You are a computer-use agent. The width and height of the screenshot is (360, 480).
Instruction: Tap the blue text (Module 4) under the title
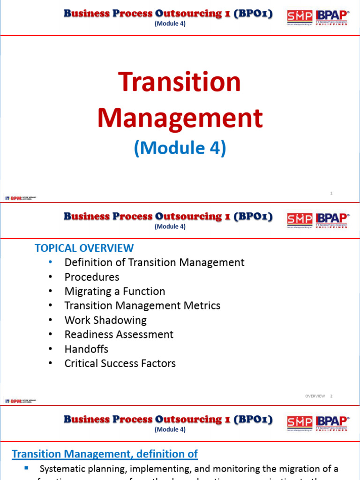[x=180, y=148]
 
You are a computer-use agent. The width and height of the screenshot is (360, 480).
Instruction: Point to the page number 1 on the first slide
[x=331, y=193]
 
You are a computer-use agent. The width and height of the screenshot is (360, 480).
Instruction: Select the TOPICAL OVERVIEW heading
[x=84, y=248]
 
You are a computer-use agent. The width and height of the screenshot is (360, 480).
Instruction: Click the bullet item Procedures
[x=92, y=277]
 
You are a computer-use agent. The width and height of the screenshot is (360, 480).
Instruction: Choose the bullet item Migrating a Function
[x=115, y=291]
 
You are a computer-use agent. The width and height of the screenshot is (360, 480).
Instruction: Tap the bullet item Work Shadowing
[x=105, y=320]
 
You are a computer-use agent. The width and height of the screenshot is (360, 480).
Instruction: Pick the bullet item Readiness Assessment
[x=119, y=334]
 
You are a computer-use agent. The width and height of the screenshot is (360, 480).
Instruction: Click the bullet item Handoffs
[x=86, y=349]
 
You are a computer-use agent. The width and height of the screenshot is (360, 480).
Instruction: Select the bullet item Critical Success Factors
[x=120, y=363]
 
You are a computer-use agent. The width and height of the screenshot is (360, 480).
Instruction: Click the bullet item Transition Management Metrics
[x=142, y=306]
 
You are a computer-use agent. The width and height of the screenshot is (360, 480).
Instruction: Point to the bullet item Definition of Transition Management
[x=154, y=262]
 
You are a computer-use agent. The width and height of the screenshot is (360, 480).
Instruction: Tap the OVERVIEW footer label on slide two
[x=315, y=396]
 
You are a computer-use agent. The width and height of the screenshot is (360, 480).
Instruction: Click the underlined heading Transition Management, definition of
[x=105, y=454]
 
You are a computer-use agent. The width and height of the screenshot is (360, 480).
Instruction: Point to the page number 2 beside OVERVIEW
[x=331, y=396]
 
